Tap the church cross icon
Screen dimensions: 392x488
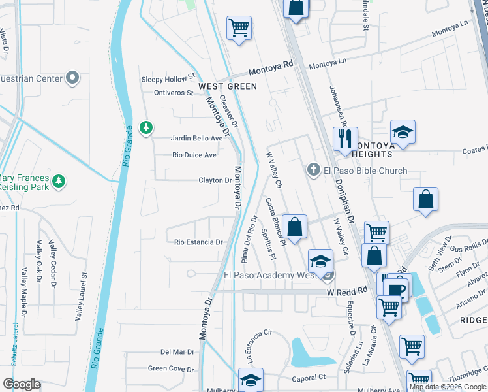point(313,171)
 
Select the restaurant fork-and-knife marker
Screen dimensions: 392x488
point(345,139)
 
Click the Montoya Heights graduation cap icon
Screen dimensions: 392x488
point(403,131)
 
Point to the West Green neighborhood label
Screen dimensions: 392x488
point(228,86)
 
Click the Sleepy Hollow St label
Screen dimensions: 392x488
point(168,79)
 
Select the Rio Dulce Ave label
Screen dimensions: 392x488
point(194,155)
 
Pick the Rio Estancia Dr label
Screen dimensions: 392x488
point(198,242)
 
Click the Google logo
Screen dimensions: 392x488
point(22,384)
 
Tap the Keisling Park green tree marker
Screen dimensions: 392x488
point(59,180)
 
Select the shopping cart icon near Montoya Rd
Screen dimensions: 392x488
point(239,28)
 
